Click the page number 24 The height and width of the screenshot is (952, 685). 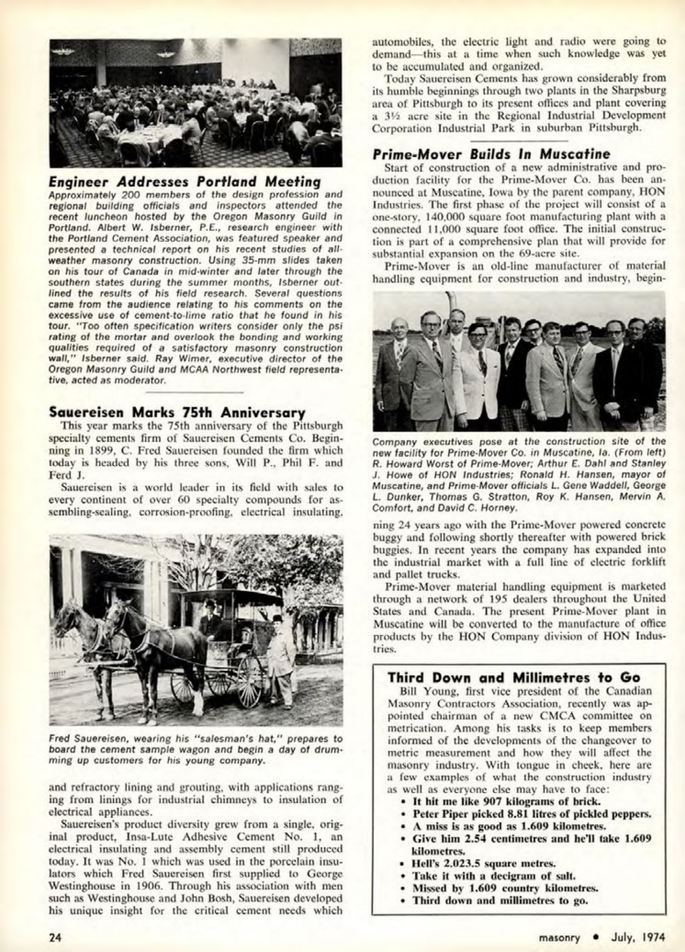coord(54,937)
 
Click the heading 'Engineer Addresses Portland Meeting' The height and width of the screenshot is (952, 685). coord(185,182)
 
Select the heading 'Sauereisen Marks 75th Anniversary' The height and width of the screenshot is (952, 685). coord(177,412)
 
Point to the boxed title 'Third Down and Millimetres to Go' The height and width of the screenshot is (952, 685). coord(514,677)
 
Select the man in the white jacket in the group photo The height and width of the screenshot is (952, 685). coord(479,373)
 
